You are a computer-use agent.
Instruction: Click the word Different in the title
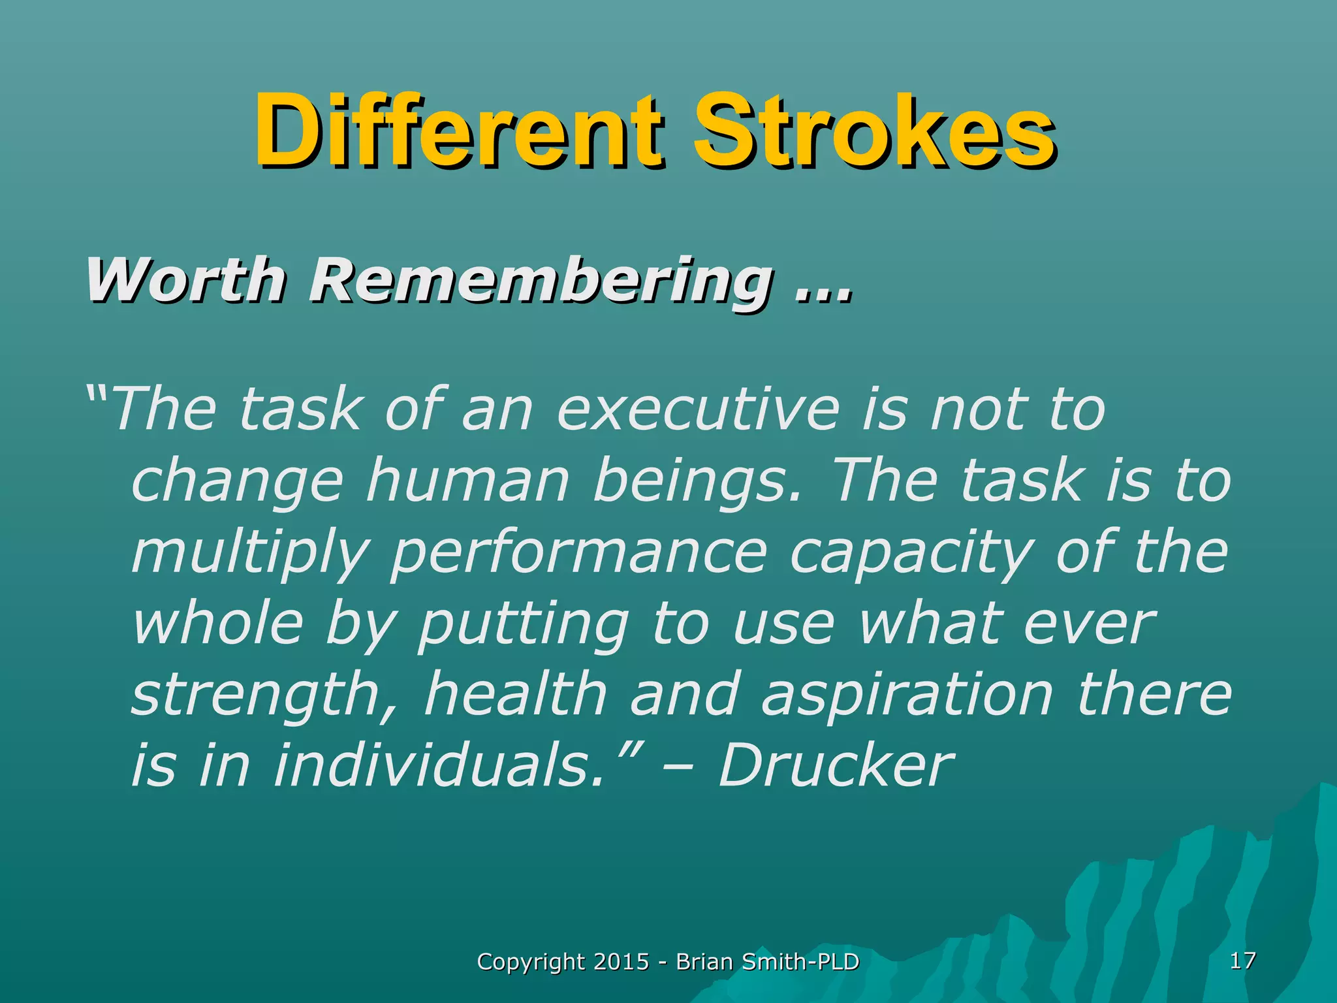[457, 131]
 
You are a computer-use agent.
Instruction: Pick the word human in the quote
[467, 482]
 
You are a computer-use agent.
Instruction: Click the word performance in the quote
[578, 554]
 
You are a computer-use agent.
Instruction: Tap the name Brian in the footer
[704, 962]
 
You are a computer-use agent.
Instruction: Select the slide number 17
[1242, 961]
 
